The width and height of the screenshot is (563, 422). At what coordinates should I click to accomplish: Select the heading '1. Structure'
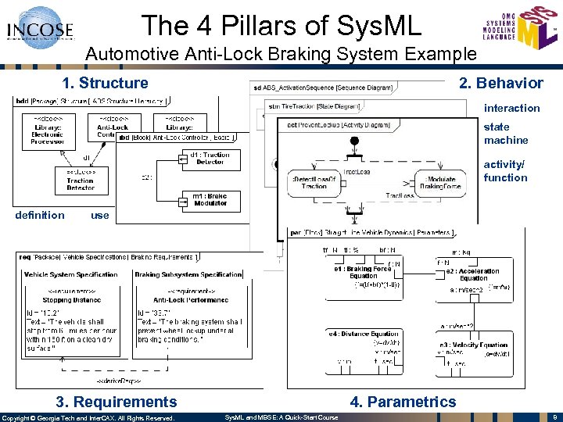(x=105, y=83)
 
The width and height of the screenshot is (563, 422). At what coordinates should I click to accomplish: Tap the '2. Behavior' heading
(x=500, y=83)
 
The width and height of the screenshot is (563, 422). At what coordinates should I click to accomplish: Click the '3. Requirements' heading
(x=116, y=402)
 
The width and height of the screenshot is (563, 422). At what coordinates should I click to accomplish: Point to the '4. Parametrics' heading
(x=403, y=402)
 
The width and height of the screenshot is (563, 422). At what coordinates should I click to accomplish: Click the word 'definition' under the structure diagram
(x=40, y=215)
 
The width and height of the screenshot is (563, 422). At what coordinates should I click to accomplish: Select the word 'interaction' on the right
(x=511, y=108)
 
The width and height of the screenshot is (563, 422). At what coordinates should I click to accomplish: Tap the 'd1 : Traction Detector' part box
(x=210, y=159)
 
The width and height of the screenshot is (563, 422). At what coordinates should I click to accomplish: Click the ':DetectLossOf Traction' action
(x=314, y=182)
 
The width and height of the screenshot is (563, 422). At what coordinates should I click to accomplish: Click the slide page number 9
(x=553, y=417)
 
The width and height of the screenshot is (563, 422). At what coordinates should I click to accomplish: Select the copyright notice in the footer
(x=88, y=417)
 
